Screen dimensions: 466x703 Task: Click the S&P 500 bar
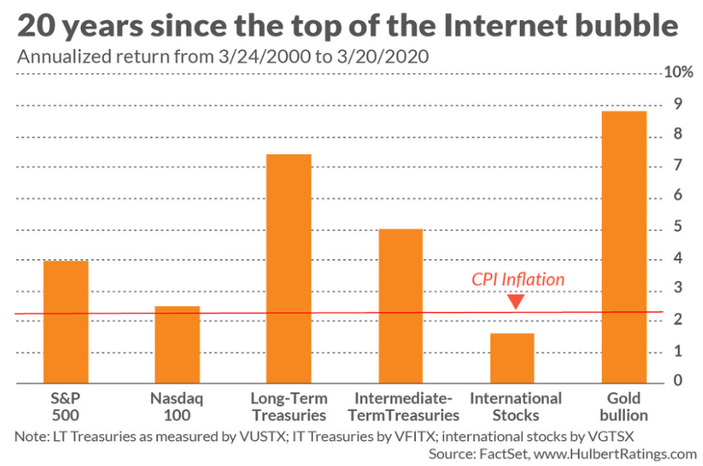tap(66, 322)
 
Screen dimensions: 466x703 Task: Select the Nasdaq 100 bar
tap(177, 344)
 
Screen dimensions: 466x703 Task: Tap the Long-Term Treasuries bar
tap(289, 268)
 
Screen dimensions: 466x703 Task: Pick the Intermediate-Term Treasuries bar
tap(400, 305)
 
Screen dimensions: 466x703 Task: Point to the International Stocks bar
tap(512, 357)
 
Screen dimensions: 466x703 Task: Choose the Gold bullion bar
tap(623, 246)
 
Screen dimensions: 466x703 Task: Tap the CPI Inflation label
tap(518, 280)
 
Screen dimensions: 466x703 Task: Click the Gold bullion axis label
tap(623, 406)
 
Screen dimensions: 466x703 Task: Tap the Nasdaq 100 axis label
tap(177, 406)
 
